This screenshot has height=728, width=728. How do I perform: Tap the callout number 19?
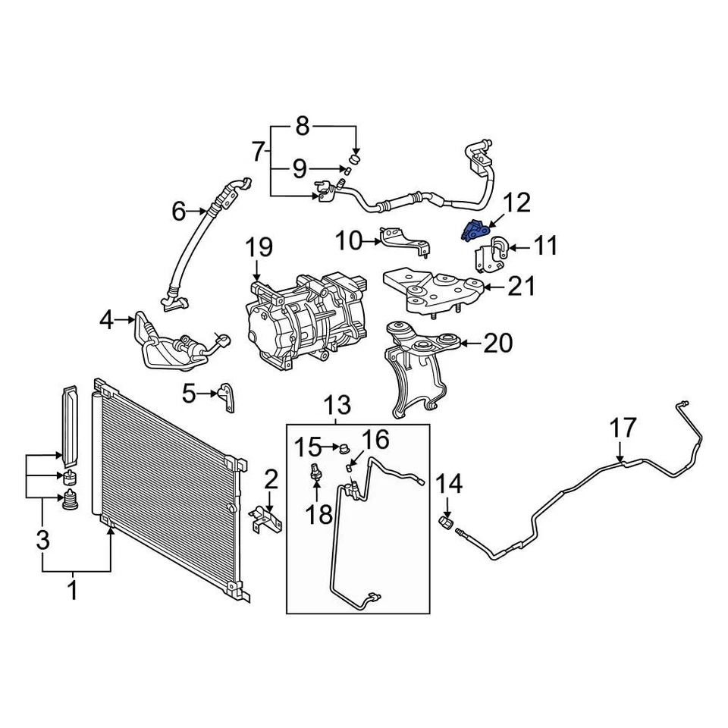258,247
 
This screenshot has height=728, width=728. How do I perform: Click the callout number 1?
74,590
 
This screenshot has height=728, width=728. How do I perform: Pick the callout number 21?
521,287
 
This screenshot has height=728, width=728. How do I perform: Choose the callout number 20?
497,344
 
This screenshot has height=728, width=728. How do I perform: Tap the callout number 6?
178,211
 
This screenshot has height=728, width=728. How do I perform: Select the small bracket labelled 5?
225,396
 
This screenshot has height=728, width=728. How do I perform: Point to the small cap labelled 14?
447,523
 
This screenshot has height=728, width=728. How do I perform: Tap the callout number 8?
303,126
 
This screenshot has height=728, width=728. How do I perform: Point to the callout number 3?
42,541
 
